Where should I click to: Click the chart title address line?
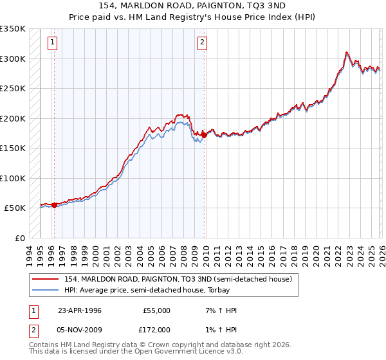click(x=192, y=5)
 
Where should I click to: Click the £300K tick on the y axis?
click(x=13, y=59)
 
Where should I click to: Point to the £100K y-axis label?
click(x=13, y=178)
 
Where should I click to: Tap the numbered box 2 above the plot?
click(x=202, y=43)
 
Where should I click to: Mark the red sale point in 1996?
click(x=55, y=206)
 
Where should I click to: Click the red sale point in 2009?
click(x=204, y=135)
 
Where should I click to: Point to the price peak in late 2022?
click(x=347, y=53)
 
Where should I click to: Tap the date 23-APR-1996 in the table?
click(x=80, y=310)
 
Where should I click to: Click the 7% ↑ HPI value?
click(x=214, y=310)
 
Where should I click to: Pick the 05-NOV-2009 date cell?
click(x=80, y=329)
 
